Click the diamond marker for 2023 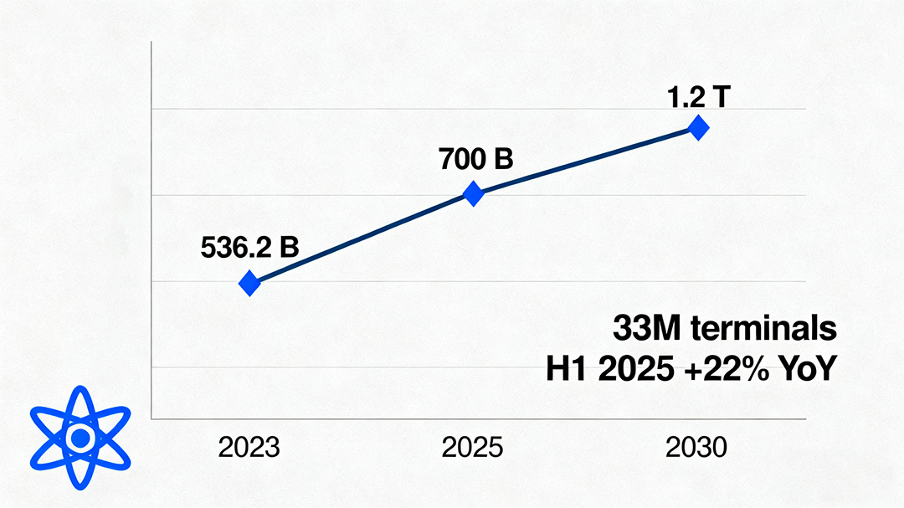tap(249, 284)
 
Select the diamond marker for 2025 tap(474, 194)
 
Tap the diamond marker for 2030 tap(698, 128)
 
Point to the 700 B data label tap(475, 158)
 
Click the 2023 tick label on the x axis tap(249, 448)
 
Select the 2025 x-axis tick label tap(473, 448)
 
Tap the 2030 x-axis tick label tap(696, 448)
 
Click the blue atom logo tap(80, 437)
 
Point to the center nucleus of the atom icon tap(80, 437)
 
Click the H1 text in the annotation tap(566, 369)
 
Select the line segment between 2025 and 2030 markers tap(586, 160)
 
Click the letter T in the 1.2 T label tap(721, 96)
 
